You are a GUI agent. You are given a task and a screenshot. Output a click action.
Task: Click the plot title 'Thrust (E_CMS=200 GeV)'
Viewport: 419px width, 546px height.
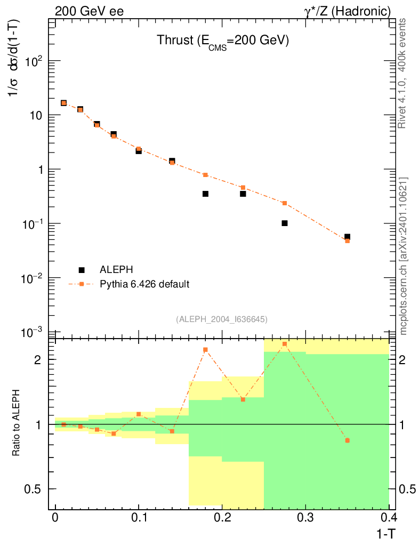222,41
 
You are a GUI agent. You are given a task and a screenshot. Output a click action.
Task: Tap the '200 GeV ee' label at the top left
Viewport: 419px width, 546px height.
89,11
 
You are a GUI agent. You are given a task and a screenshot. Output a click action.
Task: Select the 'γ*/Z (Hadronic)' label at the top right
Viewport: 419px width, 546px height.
348,11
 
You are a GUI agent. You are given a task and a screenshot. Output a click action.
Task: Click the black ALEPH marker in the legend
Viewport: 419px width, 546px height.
82,270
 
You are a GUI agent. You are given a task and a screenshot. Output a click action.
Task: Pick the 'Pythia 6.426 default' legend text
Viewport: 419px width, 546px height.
144,284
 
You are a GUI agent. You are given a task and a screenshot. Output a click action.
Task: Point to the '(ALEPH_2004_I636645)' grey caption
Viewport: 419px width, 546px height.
222,319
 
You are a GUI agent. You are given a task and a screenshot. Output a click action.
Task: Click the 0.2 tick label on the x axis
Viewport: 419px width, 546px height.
222,518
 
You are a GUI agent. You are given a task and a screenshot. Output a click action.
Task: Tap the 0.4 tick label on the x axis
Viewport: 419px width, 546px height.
389,518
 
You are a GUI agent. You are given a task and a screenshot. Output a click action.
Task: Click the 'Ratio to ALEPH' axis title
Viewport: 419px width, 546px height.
17,423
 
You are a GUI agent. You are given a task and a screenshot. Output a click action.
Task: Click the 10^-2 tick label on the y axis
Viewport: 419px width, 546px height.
34,278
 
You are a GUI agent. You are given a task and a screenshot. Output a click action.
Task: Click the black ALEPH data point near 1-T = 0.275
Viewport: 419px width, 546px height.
285,223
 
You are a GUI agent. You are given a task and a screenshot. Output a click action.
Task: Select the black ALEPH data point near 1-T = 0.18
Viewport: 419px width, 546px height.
205,194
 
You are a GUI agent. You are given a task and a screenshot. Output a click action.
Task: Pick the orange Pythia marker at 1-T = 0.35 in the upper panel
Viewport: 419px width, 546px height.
347,240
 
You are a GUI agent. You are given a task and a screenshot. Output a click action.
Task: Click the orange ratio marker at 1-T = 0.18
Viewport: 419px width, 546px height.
205,350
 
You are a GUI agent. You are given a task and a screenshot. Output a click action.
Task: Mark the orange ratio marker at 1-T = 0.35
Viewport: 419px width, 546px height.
347,440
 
